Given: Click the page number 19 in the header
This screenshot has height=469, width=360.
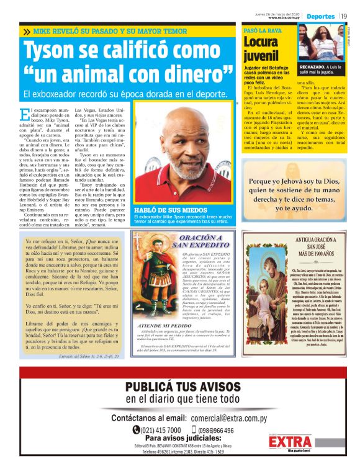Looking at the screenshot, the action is (344, 16).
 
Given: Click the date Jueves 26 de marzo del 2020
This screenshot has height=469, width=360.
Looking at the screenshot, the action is (277, 12).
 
